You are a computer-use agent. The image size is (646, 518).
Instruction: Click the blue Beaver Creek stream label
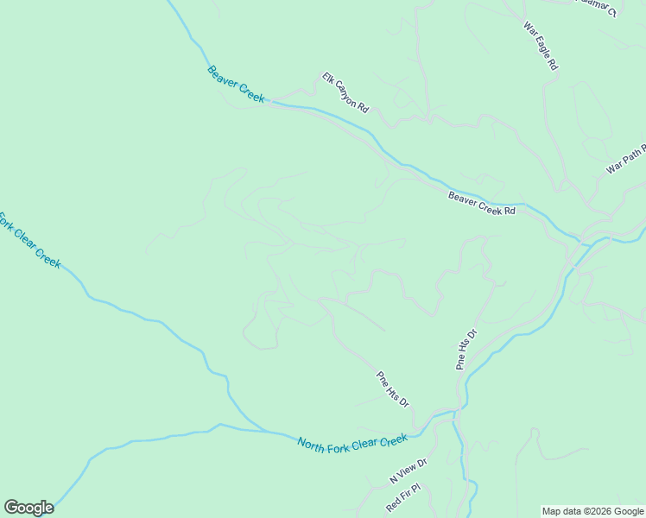pyautogui.click(x=236, y=85)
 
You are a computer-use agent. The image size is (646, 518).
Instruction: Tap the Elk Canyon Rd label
pyautogui.click(x=345, y=92)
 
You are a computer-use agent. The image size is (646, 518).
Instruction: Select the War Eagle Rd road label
pyautogui.click(x=541, y=46)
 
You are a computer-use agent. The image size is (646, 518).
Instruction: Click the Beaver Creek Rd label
pyautogui.click(x=481, y=204)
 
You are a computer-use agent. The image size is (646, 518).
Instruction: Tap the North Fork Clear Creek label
pyautogui.click(x=351, y=443)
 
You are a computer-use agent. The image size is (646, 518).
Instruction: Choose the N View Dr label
pyautogui.click(x=408, y=471)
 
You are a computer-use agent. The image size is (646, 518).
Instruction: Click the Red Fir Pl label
pyautogui.click(x=403, y=496)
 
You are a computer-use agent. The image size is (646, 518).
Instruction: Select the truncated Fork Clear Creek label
pyautogui.click(x=28, y=239)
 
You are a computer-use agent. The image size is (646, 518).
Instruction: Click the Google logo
pyautogui.click(x=28, y=508)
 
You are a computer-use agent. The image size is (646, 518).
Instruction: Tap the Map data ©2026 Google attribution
pyautogui.click(x=592, y=511)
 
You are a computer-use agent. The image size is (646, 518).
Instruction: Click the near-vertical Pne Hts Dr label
pyautogui.click(x=466, y=350)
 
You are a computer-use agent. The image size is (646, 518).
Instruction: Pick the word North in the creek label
pyautogui.click(x=313, y=445)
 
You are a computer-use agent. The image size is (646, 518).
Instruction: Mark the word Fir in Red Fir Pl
pyautogui.click(x=403, y=496)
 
